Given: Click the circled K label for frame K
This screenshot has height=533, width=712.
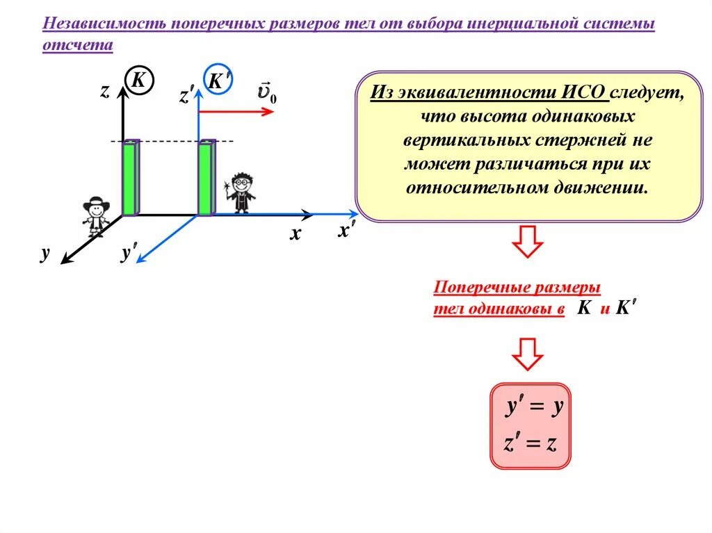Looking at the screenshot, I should (138, 81).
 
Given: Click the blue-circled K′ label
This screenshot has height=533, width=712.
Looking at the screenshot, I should (216, 81).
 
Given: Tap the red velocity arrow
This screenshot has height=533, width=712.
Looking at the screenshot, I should (236, 111).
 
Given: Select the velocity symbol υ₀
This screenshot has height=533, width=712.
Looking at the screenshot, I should (266, 92).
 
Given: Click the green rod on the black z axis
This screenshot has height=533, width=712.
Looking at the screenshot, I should (131, 178).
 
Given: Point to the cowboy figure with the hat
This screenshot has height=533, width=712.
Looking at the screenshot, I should (96, 216).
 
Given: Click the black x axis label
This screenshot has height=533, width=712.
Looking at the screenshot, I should (295, 235).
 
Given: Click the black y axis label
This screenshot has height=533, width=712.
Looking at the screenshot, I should (45, 255).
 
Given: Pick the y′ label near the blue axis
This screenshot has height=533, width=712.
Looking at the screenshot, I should (128, 254).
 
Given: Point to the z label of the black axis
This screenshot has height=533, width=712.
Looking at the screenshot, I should (104, 90).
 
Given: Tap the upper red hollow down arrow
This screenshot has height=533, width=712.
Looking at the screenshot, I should (527, 242).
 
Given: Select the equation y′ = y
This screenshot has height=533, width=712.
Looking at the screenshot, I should (533, 409).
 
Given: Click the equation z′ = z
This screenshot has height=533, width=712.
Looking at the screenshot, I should (531, 444).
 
